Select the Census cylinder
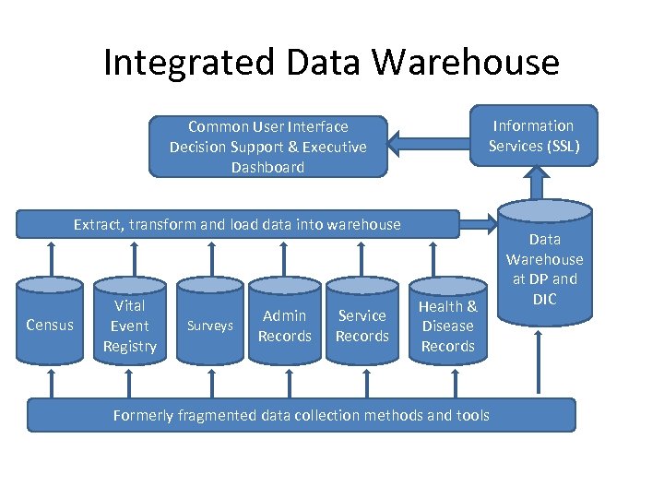[x=50, y=325]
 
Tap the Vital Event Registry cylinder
[x=129, y=326]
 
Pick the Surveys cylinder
[x=210, y=326]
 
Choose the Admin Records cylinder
[x=284, y=326]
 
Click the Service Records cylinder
[x=362, y=326]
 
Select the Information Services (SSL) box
[x=534, y=136]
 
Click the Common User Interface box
[x=267, y=146]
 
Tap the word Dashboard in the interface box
[x=267, y=167]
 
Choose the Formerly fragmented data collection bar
[x=301, y=415]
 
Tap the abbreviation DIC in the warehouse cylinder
[x=544, y=299]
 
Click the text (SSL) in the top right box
[x=560, y=146]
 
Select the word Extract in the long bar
[x=99, y=224]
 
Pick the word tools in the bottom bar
[x=472, y=415]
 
